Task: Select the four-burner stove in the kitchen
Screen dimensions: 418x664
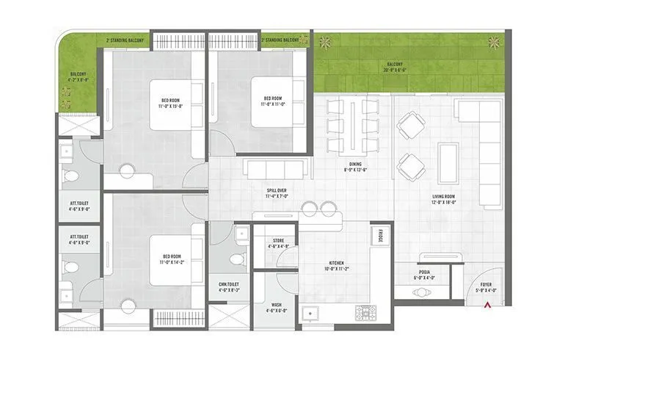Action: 365,314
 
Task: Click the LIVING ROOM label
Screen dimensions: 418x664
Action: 444,198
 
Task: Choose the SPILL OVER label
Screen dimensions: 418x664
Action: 277,193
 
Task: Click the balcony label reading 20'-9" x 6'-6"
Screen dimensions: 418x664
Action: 396,68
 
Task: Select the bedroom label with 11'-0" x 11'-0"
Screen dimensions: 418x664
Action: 273,101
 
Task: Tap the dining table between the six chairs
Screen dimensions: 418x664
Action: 353,125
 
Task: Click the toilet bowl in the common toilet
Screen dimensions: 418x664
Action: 236,259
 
